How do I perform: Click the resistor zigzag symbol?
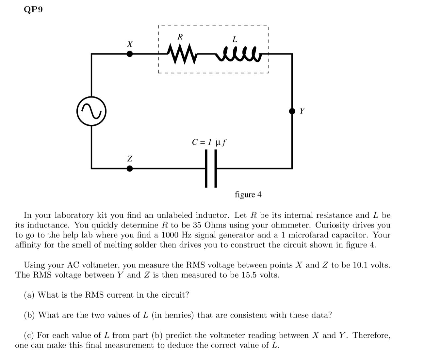pyautogui.click(x=181, y=55)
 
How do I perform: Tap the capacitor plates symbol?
pyautogui.click(x=211, y=168)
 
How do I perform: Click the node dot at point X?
pyautogui.click(x=130, y=54)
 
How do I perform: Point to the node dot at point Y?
pyautogui.click(x=292, y=111)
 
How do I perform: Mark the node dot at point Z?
pyautogui.click(x=130, y=168)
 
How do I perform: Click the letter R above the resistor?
pyautogui.click(x=180, y=37)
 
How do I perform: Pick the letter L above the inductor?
pyautogui.click(x=235, y=40)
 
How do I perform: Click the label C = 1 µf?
pyautogui.click(x=209, y=142)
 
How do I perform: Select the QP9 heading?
pyautogui.click(x=33, y=10)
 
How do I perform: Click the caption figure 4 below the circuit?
pyautogui.click(x=248, y=195)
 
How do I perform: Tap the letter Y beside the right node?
pyautogui.click(x=302, y=111)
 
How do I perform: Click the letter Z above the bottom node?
pyautogui.click(x=130, y=159)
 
